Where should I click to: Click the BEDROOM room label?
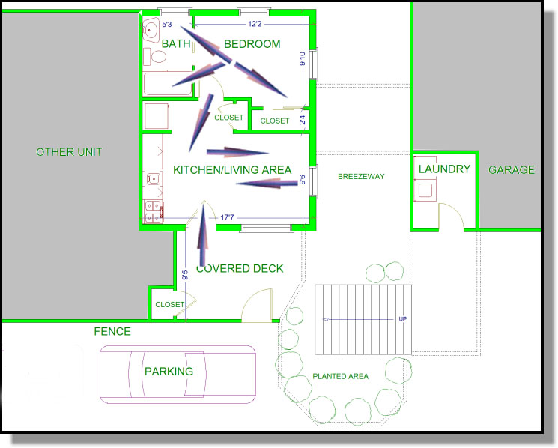pyautogui.click(x=252, y=44)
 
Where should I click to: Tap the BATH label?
pyautogui.click(x=176, y=43)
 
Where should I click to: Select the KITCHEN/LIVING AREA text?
pyautogui.click(x=232, y=170)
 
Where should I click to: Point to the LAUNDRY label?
pyautogui.click(x=444, y=169)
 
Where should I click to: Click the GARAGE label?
pyautogui.click(x=512, y=170)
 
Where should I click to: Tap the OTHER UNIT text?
pyautogui.click(x=69, y=152)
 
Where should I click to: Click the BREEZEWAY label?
pyautogui.click(x=361, y=177)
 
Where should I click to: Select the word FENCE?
pyautogui.click(x=112, y=332)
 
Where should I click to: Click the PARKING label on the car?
pyautogui.click(x=169, y=372)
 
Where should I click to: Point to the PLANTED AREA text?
pyautogui.click(x=341, y=376)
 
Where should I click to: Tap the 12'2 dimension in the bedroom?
pyautogui.click(x=255, y=24)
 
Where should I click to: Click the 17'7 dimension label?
pyautogui.click(x=227, y=217)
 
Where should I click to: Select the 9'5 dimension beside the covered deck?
pyautogui.click(x=185, y=275)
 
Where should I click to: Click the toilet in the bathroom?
pyautogui.click(x=155, y=57)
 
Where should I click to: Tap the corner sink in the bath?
pyautogui.click(x=151, y=30)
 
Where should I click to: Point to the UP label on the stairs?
pyautogui.click(x=402, y=319)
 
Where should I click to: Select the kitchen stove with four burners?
pyautogui.click(x=153, y=212)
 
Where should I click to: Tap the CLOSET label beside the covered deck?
pyautogui.click(x=170, y=305)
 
